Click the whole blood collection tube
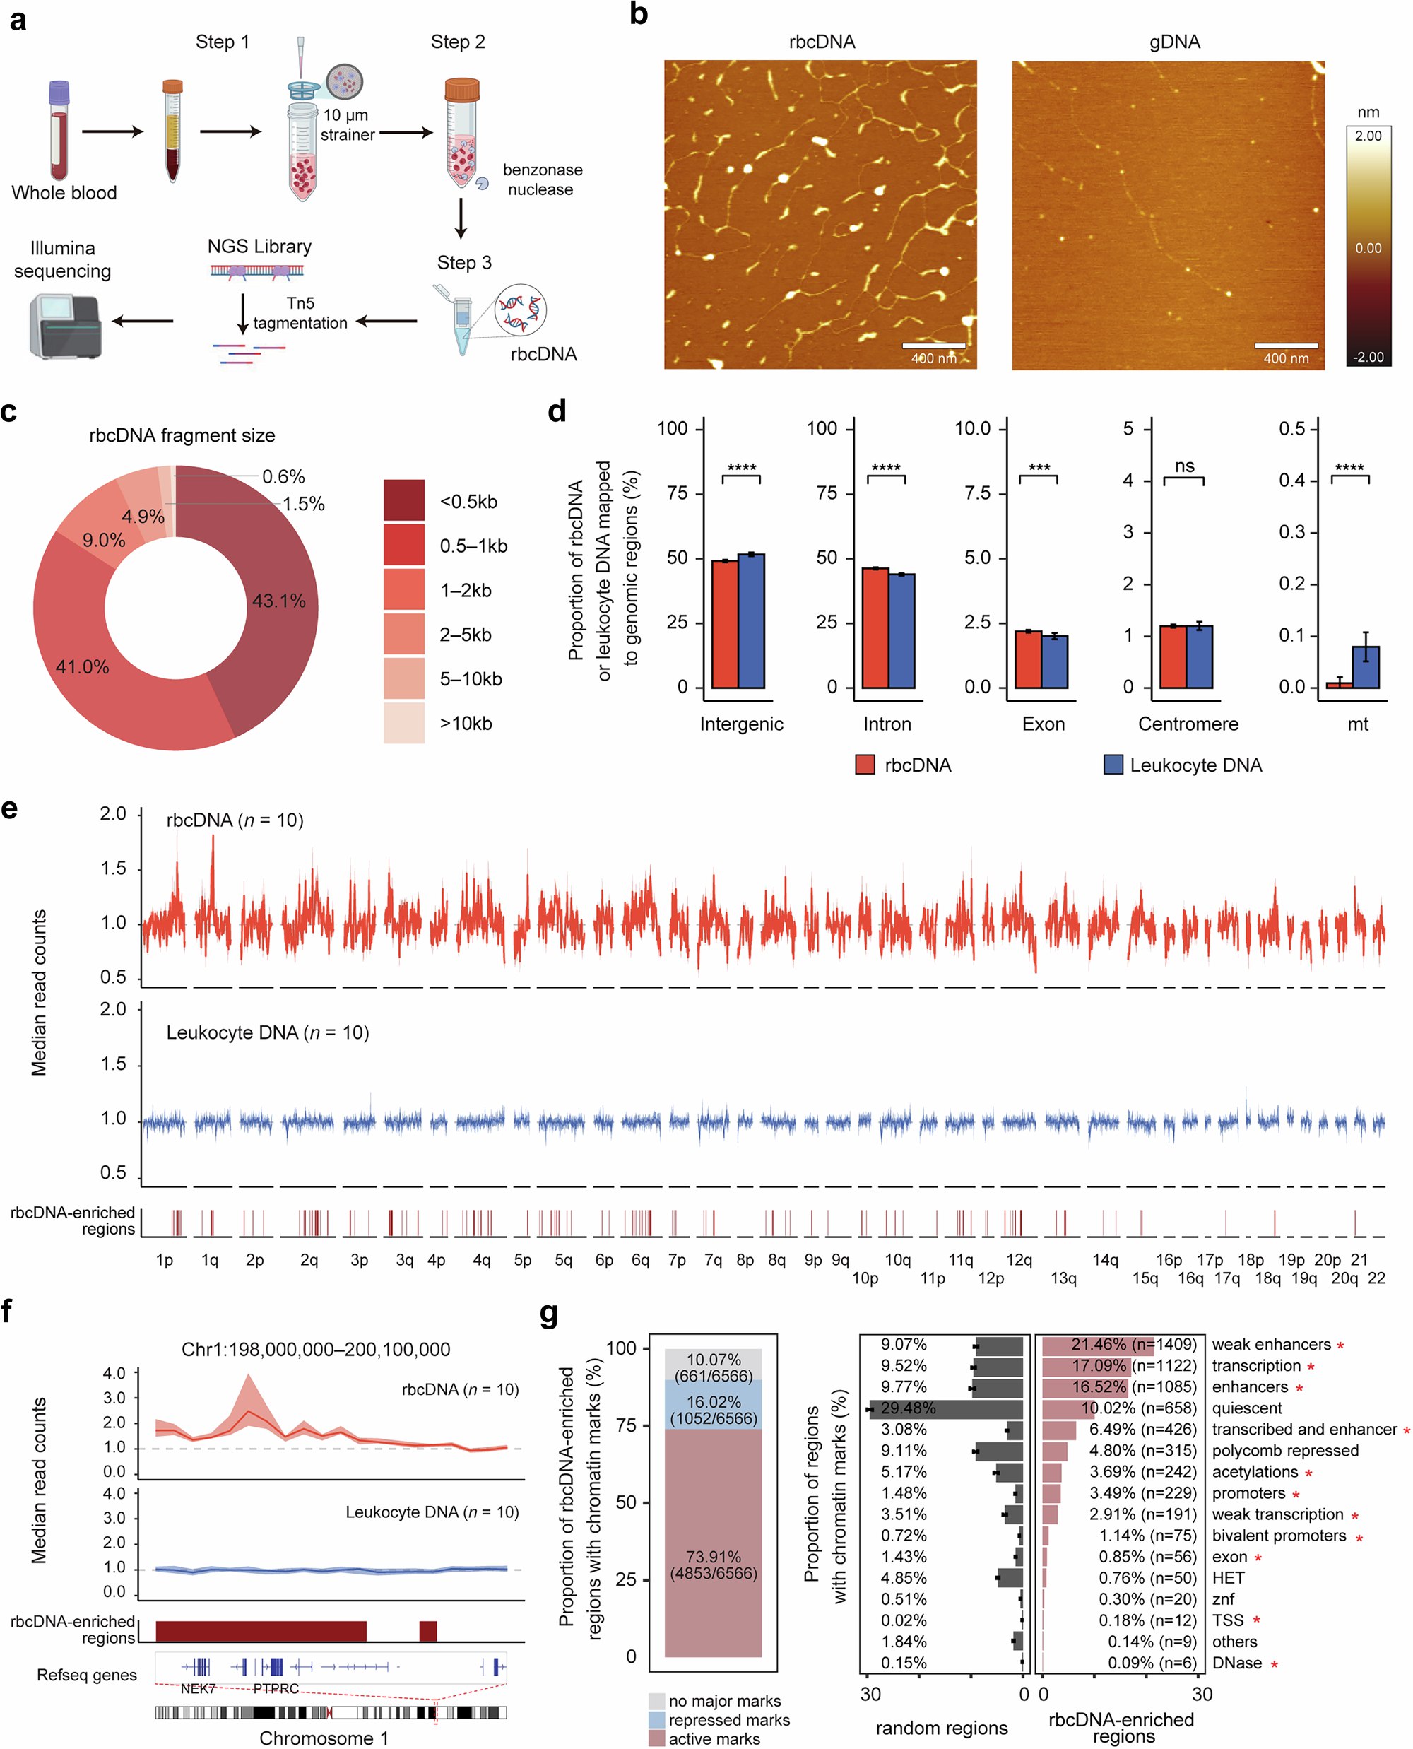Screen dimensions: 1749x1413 tap(59, 130)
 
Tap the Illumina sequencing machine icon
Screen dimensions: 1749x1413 tap(65, 326)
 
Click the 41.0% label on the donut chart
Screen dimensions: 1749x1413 tap(82, 667)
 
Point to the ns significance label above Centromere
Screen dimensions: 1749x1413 tap(1184, 466)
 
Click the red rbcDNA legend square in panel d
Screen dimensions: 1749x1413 tap(865, 765)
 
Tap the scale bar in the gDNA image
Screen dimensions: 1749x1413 tap(1285, 346)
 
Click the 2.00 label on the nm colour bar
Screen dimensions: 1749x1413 tap(1368, 136)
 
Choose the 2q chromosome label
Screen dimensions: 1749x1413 tap(309, 1260)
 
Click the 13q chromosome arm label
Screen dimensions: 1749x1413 tap(1064, 1278)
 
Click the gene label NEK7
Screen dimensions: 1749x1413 tap(198, 1688)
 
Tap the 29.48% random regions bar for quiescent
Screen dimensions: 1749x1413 tap(944, 1408)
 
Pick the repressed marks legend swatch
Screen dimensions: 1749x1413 tap(657, 1720)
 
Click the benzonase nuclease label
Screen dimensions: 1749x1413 tap(542, 179)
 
